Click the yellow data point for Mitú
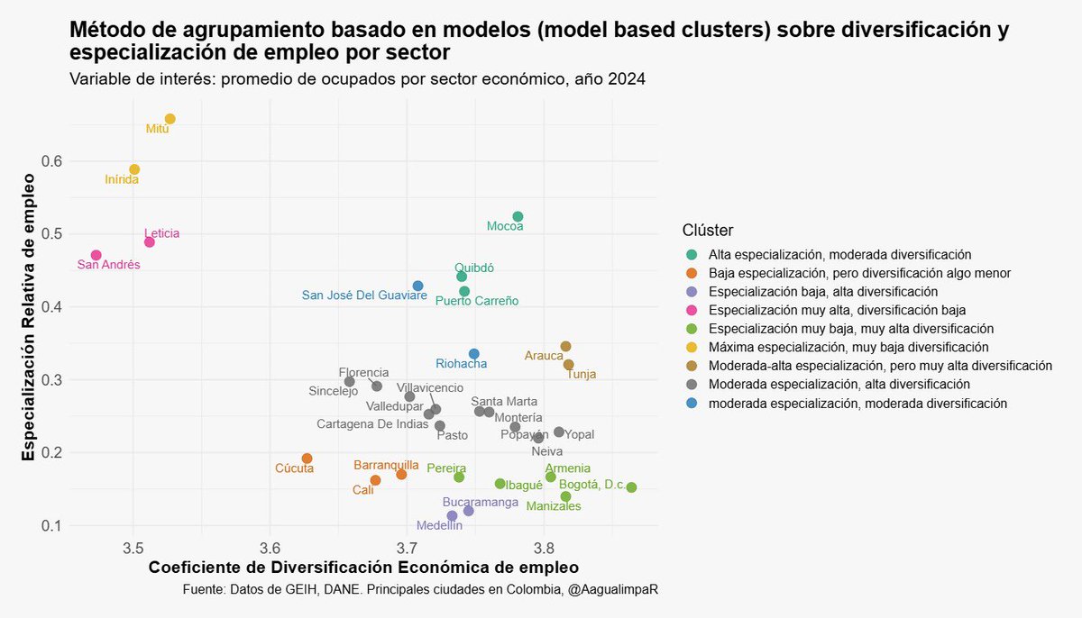click(x=170, y=119)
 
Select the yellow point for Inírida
click(x=134, y=169)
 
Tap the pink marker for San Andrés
click(x=96, y=255)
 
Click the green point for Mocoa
click(x=518, y=216)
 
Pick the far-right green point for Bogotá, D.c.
click(x=631, y=487)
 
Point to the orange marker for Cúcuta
click(x=307, y=459)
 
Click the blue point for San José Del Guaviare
click(x=417, y=286)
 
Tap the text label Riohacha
click(x=461, y=364)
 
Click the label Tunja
click(x=581, y=375)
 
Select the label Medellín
click(x=439, y=525)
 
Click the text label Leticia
click(x=161, y=233)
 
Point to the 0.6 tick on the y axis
click(x=50, y=161)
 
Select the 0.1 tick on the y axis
click(x=50, y=525)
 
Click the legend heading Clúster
click(x=707, y=230)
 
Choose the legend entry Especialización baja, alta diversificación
click(x=822, y=292)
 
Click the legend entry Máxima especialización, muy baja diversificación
click(x=848, y=347)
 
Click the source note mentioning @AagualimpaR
click(x=419, y=589)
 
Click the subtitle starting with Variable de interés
click(x=357, y=79)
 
